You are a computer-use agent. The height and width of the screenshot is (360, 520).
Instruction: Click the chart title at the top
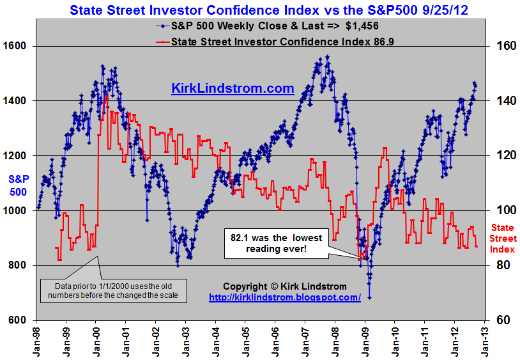pos(260,10)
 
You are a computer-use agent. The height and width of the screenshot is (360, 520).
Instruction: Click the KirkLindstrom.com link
pos(233,88)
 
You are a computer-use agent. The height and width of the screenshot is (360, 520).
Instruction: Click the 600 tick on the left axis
pos(17,320)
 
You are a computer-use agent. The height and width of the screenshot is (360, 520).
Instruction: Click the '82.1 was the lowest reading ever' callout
pos(276,242)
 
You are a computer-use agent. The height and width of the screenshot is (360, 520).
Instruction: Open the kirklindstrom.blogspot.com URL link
pos(285,297)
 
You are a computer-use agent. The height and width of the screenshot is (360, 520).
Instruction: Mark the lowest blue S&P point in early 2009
pos(369,298)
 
